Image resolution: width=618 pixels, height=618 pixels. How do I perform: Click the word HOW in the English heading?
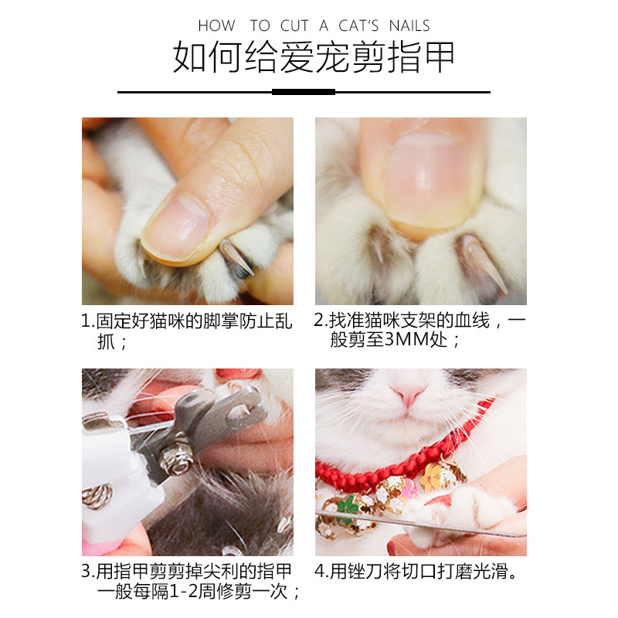point(216,25)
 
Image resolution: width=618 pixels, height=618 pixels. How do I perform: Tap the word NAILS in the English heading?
point(409,25)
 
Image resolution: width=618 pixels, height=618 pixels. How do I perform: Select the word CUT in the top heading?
point(294,25)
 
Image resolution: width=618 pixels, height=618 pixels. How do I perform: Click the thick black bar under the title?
point(304,92)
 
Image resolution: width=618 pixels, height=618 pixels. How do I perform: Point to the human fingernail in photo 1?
point(176,228)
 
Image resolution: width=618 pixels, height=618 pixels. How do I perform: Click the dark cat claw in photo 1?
point(236,258)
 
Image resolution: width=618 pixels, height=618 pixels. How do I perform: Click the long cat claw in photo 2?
point(482,264)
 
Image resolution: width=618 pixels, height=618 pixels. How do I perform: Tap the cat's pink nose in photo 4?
point(409,395)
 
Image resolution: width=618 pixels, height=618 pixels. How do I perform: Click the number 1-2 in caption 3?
point(183,591)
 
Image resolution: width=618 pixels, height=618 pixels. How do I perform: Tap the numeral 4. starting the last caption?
point(321,571)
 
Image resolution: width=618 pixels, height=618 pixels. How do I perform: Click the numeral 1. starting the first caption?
point(88,321)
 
